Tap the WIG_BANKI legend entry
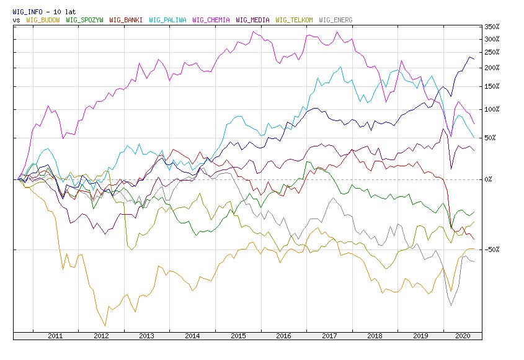[x=126, y=20]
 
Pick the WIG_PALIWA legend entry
[x=168, y=20]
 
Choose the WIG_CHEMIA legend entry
[x=211, y=20]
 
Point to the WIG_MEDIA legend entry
[x=252, y=20]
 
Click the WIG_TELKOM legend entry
[x=294, y=20]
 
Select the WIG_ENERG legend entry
[x=335, y=20]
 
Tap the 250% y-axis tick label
[x=492, y=53]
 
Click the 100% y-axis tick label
[x=492, y=109]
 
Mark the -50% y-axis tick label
[x=492, y=250]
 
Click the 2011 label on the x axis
[x=56, y=336]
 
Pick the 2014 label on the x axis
[x=192, y=336]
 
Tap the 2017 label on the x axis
[x=329, y=336]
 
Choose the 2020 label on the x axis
[x=462, y=336]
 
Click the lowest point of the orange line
[x=105, y=325]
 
